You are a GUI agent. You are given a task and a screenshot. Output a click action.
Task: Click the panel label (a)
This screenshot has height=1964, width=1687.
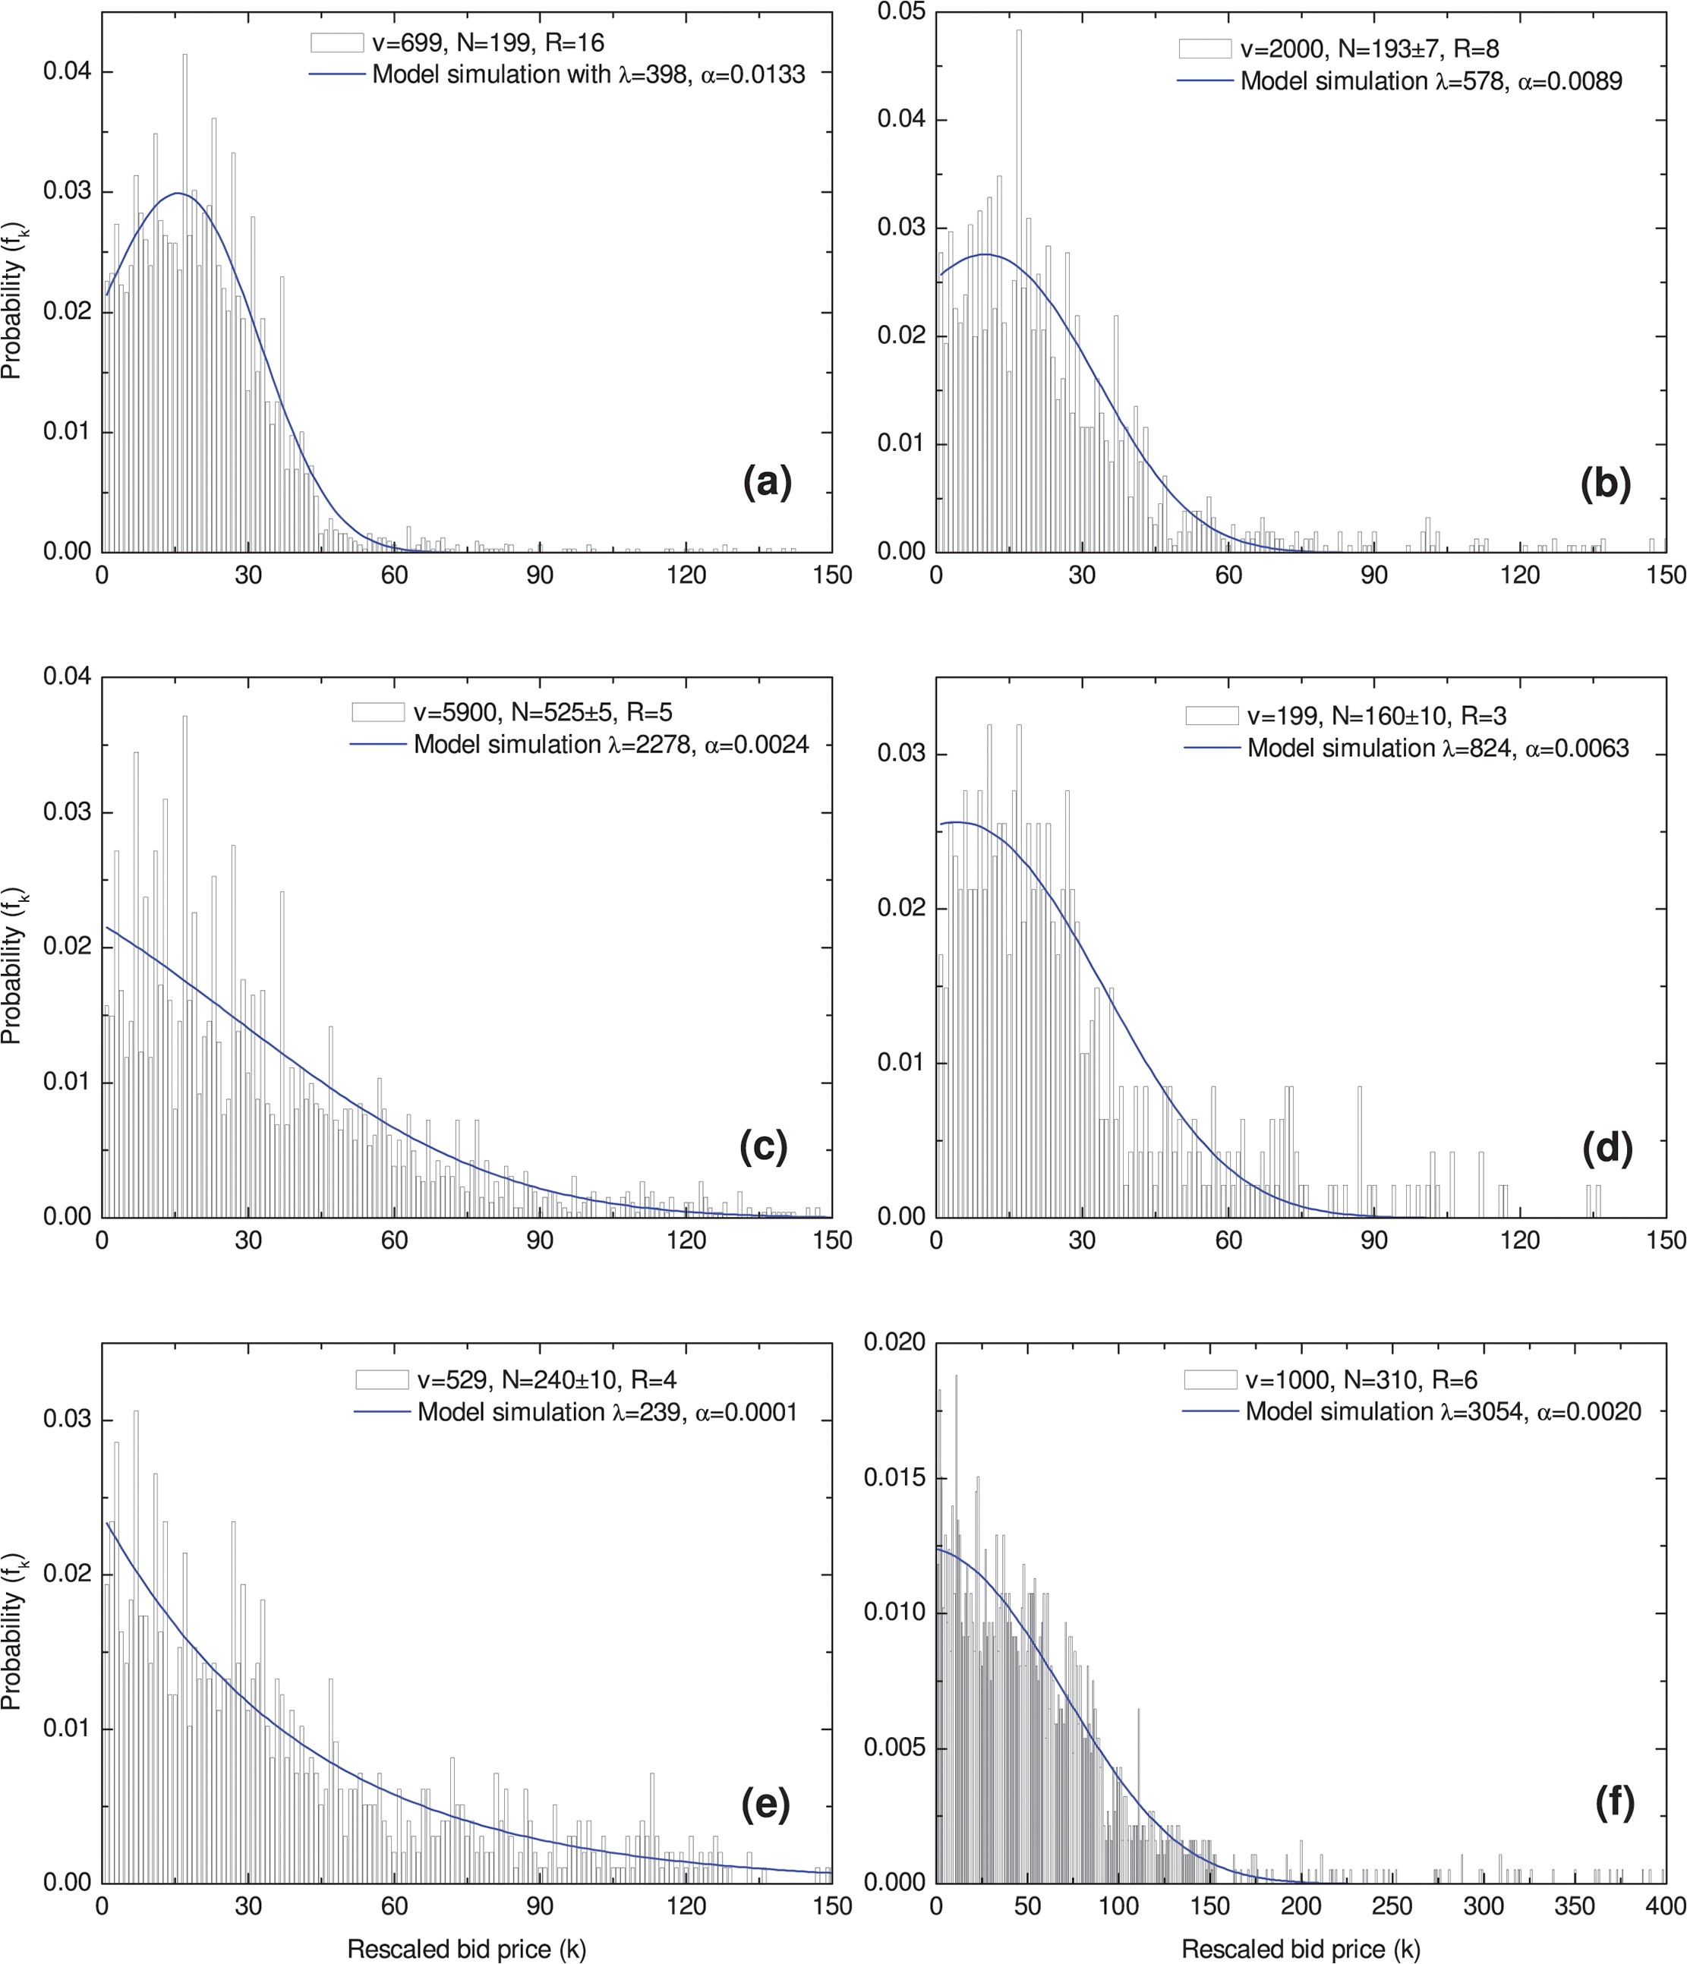click(x=767, y=483)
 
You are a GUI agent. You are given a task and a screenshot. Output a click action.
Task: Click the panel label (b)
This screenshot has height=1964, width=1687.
click(x=1606, y=484)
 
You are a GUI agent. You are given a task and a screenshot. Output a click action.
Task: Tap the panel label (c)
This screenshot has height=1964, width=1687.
click(x=763, y=1147)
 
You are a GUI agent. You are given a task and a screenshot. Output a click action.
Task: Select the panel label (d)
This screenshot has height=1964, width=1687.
click(x=1607, y=1148)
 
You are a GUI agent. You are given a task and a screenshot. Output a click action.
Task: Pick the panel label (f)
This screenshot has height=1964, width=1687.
click(x=1615, y=1803)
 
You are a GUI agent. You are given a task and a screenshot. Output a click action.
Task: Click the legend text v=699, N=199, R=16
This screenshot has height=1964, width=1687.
click(x=487, y=43)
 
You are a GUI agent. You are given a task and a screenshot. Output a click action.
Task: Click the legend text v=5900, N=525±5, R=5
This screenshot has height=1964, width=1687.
click(x=542, y=712)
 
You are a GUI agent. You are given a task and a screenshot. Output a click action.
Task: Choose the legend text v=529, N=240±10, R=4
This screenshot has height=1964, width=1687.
click(x=546, y=1379)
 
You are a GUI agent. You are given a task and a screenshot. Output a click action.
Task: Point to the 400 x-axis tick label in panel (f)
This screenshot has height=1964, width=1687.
click(x=1665, y=1906)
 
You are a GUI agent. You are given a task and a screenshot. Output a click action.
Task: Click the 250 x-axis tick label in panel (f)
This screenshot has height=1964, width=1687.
click(x=1392, y=1906)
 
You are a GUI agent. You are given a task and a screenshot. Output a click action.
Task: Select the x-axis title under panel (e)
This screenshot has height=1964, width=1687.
click(x=466, y=1949)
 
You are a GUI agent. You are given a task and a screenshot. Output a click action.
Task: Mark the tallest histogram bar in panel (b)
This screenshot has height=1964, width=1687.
click(x=1019, y=285)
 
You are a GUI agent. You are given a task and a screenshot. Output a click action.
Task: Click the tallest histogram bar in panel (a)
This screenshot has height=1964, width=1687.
click(x=184, y=304)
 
